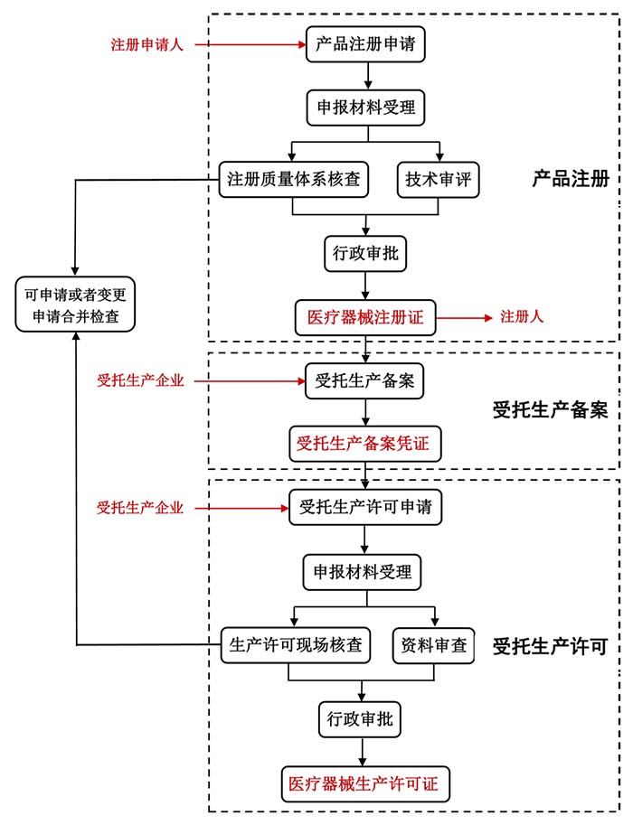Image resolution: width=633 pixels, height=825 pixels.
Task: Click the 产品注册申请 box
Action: pos(365,43)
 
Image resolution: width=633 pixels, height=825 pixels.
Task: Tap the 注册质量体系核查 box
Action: pos(291,179)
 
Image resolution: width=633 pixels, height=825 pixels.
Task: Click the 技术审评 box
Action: pos(438,179)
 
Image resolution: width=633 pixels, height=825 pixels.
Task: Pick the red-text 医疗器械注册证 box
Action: pos(365,317)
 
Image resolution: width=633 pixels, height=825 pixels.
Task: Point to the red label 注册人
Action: pos(522,317)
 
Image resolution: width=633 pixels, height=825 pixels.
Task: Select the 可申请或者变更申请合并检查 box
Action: pos(76,305)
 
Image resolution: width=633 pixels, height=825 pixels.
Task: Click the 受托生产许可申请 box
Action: pos(365,507)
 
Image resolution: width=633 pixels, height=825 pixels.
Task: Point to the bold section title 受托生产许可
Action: pos(550,646)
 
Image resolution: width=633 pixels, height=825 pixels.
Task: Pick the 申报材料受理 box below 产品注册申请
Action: pos(365,108)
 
